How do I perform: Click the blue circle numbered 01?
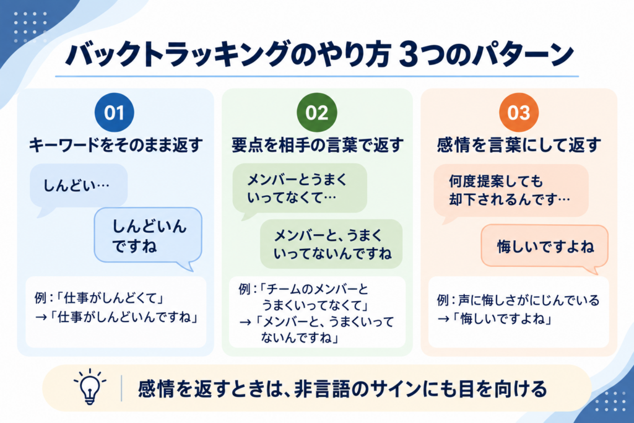click(x=115, y=113)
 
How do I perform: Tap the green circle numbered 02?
click(x=317, y=113)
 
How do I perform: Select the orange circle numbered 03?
click(x=519, y=113)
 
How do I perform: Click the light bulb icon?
click(x=90, y=386)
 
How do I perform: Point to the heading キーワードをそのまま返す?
click(x=116, y=145)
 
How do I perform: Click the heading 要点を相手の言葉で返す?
click(x=318, y=145)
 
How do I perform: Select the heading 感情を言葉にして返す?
click(x=519, y=145)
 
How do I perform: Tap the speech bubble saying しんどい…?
click(x=79, y=187)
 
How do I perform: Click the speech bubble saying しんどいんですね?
click(x=148, y=237)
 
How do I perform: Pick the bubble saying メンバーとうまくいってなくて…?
click(x=300, y=190)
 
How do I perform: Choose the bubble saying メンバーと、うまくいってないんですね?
click(x=331, y=244)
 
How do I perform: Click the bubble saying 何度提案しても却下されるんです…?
click(x=511, y=191)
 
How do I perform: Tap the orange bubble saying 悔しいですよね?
click(x=545, y=246)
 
